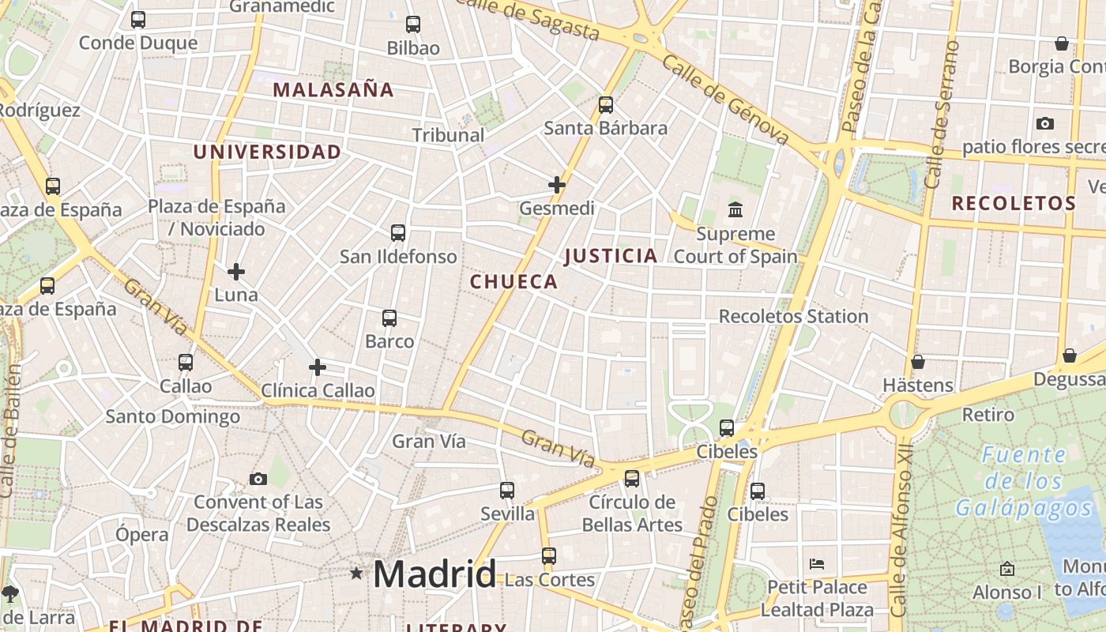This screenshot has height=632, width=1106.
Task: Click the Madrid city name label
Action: pyautogui.click(x=434, y=574)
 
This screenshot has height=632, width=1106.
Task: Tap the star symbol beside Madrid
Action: pyautogui.click(x=356, y=574)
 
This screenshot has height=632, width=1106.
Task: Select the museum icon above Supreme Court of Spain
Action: pyautogui.click(x=735, y=210)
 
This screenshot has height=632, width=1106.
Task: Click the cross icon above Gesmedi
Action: pyautogui.click(x=557, y=185)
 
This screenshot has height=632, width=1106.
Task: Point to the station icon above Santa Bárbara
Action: pyautogui.click(x=606, y=104)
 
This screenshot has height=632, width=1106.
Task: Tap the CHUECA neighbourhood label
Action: pyautogui.click(x=513, y=281)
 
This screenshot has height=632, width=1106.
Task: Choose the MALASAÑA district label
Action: pyautogui.click(x=333, y=89)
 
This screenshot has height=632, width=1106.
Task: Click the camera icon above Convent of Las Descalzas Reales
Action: pyautogui.click(x=258, y=479)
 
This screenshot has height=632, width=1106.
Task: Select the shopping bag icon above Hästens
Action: pyautogui.click(x=917, y=362)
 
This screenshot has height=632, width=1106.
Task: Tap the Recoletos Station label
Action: pyautogui.click(x=793, y=316)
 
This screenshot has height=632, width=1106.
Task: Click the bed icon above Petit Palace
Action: pyautogui.click(x=817, y=564)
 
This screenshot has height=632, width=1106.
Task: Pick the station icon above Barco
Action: pyautogui.click(x=389, y=318)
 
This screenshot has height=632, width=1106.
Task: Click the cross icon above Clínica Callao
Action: pyautogui.click(x=318, y=367)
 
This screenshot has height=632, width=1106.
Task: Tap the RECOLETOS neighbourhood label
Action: pyautogui.click(x=1014, y=203)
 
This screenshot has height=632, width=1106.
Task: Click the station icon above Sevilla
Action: pyautogui.click(x=507, y=491)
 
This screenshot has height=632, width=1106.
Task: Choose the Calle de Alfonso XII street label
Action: pyautogui.click(x=901, y=529)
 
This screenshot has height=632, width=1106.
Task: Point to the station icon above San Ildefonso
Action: pyautogui.click(x=398, y=233)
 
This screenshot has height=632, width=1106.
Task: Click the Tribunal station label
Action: pyautogui.click(x=448, y=135)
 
